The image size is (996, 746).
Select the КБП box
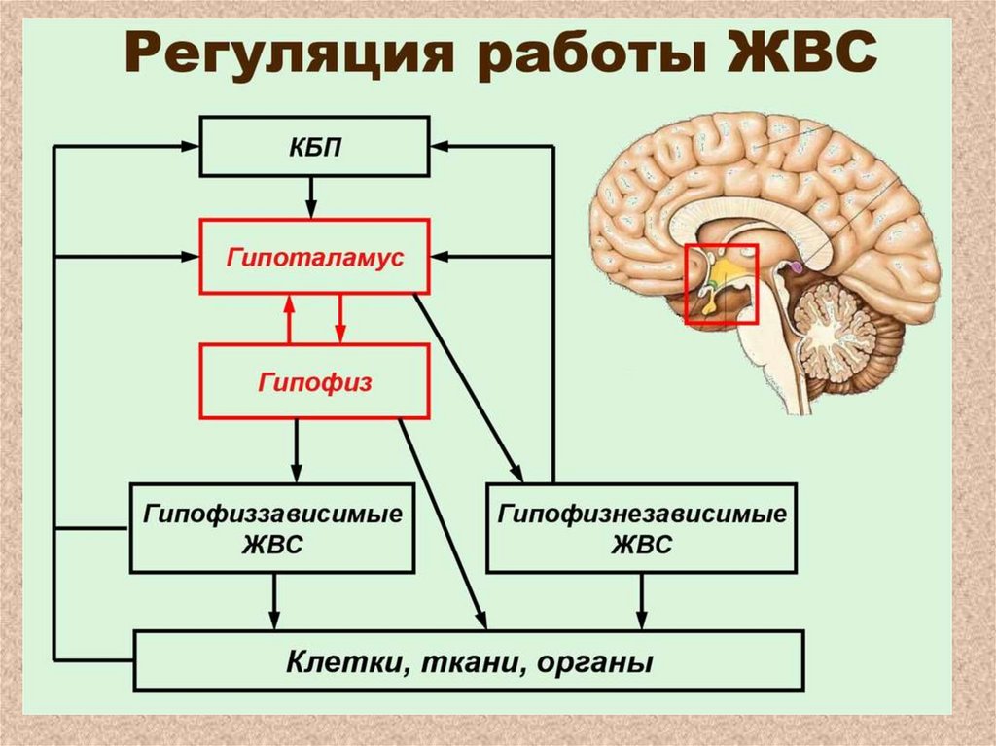coord(313,148)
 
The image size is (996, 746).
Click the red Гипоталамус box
coord(313,258)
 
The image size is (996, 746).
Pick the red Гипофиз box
coord(313,382)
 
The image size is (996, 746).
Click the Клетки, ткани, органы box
coord(469,662)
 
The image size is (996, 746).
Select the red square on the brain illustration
coord(721,283)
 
